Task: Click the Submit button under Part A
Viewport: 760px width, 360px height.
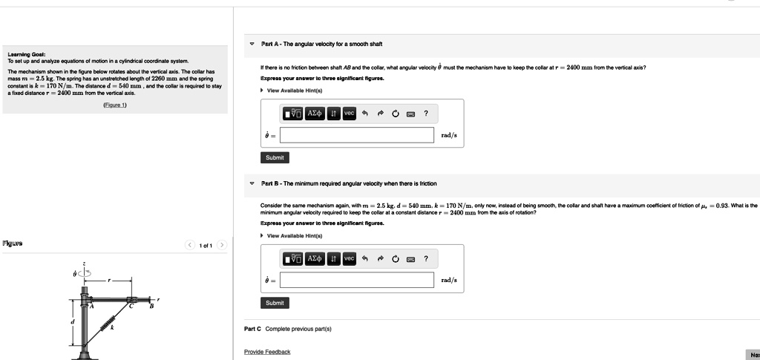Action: tap(275, 157)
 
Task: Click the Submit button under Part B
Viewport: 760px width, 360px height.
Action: tap(275, 303)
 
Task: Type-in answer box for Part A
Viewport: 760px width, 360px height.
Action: tap(357, 135)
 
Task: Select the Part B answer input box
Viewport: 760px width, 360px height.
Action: tap(357, 280)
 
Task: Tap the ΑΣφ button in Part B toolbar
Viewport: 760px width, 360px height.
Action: tap(316, 258)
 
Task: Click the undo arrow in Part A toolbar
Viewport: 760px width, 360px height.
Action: tap(365, 113)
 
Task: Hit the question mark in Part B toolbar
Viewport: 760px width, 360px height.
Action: tap(426, 258)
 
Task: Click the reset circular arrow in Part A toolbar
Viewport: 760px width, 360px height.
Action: tap(396, 114)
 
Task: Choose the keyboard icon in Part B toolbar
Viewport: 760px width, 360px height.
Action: tap(410, 258)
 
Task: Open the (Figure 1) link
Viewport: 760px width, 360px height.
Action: tap(114, 105)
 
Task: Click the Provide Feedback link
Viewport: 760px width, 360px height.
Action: tap(267, 351)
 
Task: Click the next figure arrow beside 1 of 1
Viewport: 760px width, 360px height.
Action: tap(221, 246)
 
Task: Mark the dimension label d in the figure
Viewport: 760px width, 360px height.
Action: tap(72, 321)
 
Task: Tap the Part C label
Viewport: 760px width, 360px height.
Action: tap(253, 328)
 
